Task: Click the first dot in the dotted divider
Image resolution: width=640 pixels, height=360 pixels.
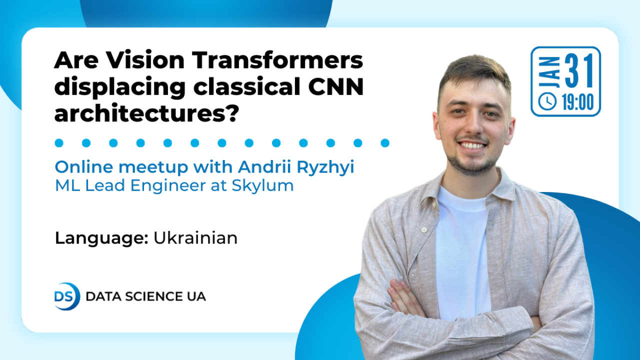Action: (59, 143)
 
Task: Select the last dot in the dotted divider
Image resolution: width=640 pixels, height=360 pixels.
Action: (385, 143)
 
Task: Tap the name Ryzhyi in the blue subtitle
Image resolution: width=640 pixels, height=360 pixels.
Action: (325, 167)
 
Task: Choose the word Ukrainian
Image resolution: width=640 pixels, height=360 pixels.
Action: (195, 238)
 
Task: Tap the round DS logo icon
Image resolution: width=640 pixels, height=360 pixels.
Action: (67, 296)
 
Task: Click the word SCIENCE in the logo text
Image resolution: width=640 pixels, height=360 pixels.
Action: (153, 296)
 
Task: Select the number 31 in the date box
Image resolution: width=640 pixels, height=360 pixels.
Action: (579, 71)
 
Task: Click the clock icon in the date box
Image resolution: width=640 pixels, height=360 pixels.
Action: (547, 101)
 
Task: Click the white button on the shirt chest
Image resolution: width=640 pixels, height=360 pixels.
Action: (424, 229)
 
